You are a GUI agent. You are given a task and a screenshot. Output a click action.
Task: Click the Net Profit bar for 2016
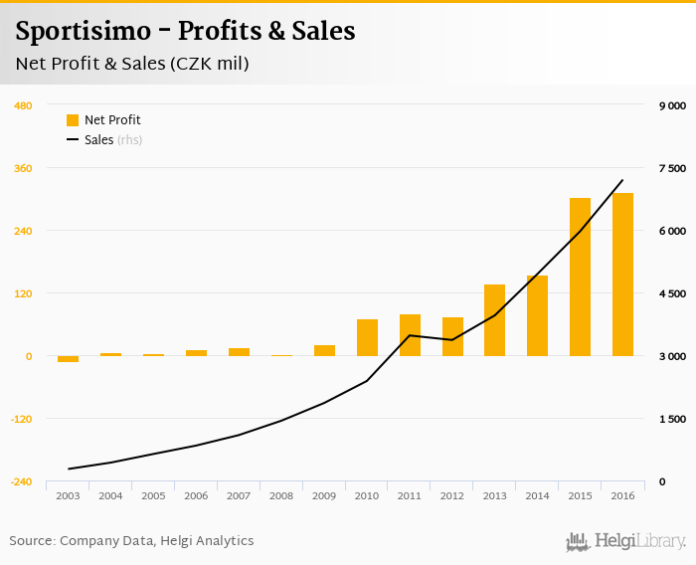point(622,275)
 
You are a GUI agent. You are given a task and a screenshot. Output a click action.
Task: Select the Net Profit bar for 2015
point(580,277)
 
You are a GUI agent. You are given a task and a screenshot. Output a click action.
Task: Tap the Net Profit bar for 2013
point(494,320)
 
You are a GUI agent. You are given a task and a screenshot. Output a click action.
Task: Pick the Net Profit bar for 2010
point(367,337)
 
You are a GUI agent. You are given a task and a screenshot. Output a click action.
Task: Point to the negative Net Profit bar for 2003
point(68,359)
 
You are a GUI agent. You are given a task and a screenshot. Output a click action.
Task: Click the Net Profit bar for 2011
point(410,335)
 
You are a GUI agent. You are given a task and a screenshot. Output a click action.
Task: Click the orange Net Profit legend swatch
point(73,120)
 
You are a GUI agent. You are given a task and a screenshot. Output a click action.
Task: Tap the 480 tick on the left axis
point(23,105)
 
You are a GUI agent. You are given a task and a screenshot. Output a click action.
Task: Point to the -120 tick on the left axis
point(21,419)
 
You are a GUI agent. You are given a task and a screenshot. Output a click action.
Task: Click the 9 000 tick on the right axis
point(673,105)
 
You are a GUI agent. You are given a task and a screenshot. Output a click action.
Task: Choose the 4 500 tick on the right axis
point(673,293)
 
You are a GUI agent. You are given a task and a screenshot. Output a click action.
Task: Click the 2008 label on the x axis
point(281,495)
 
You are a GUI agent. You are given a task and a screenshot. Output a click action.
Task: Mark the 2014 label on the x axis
point(537,495)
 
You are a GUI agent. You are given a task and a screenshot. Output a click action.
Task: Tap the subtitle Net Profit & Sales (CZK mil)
point(132,65)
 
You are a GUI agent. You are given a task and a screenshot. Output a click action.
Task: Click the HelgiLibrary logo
point(625,542)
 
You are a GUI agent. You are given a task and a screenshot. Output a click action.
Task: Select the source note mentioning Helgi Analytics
point(131,541)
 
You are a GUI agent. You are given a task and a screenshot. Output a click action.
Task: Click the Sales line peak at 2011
point(410,335)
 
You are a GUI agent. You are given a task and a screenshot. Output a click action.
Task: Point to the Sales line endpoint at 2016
point(622,180)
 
